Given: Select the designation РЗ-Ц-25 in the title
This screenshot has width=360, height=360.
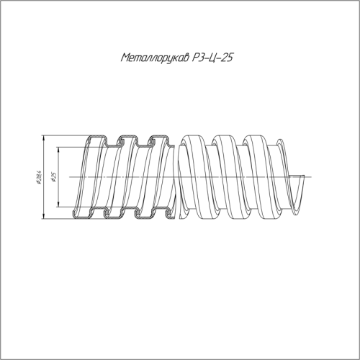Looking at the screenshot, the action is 212,58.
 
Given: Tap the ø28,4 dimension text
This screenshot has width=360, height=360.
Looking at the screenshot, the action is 39,178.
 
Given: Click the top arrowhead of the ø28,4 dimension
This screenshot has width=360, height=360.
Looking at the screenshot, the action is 43,138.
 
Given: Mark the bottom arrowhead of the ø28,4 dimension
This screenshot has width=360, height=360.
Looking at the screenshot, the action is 43,216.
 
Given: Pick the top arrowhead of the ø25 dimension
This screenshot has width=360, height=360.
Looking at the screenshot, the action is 58,150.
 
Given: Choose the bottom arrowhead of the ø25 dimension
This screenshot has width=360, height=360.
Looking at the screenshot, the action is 58,204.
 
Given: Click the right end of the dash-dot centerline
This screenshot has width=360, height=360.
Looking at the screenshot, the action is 311,177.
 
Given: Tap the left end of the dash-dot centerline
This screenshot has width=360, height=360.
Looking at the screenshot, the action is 70,177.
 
